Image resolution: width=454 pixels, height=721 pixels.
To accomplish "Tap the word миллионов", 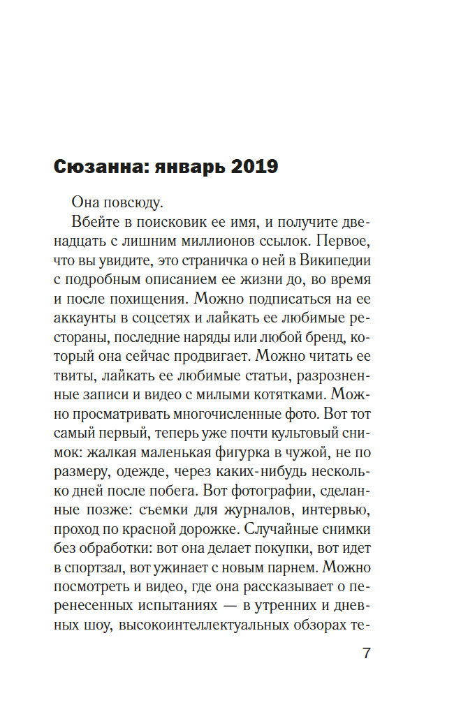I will click(221, 241).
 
